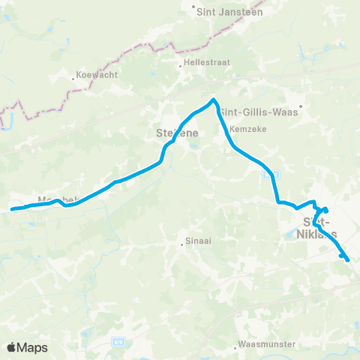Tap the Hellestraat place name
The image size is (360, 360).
pyautogui.click(x=203, y=64)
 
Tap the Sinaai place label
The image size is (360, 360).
pyautogui.click(x=196, y=242)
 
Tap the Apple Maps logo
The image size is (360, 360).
pyautogui.click(x=27, y=347)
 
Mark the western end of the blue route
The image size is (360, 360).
pyautogui.click(x=11, y=210)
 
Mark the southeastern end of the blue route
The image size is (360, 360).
pyautogui.click(x=349, y=260)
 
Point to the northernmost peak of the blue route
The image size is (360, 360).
pyautogui.click(x=214, y=100)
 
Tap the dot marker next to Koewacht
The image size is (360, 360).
pyautogui.click(x=73, y=75)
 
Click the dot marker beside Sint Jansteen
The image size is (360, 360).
pyautogui.click(x=193, y=11)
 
